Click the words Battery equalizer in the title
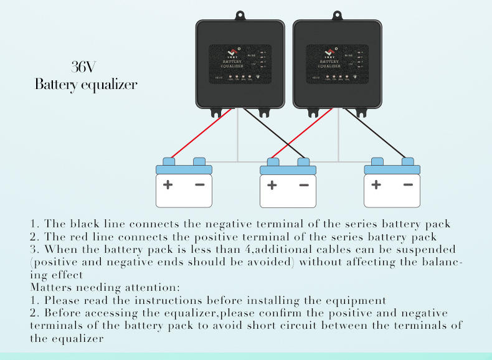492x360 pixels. (x=85, y=84)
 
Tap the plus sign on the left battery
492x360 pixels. (x=168, y=184)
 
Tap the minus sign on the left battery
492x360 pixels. (x=199, y=184)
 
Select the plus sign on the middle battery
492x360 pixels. (x=272, y=185)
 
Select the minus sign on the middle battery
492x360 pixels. (x=303, y=185)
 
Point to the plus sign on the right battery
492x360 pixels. (x=376, y=184)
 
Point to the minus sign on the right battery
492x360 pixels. (x=408, y=184)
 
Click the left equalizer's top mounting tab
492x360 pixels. (x=241, y=15)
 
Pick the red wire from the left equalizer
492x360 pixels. (x=200, y=134)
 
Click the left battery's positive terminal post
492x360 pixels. (x=168, y=161)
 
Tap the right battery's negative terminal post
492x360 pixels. (x=408, y=161)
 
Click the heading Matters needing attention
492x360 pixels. (x=105, y=288)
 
